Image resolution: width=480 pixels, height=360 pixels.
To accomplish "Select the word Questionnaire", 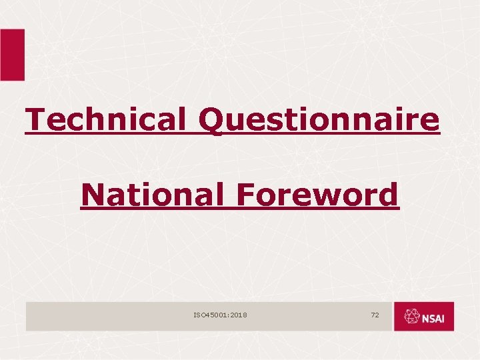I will tap(319, 121).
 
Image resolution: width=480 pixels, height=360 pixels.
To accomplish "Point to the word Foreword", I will tap(316, 195).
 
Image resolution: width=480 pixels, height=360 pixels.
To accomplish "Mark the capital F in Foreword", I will tap(243, 195).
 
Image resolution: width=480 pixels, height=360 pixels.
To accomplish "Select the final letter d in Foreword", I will tap(389, 195).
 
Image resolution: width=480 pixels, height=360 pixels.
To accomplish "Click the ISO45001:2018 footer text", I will tap(220, 314).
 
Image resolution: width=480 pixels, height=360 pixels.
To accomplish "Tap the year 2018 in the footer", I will tap(237, 314).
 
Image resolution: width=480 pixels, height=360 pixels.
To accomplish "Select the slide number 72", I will tap(375, 314).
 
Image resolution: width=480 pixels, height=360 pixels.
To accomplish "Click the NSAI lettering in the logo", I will tap(437, 318).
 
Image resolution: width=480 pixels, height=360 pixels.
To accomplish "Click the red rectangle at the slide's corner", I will tap(12, 55).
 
